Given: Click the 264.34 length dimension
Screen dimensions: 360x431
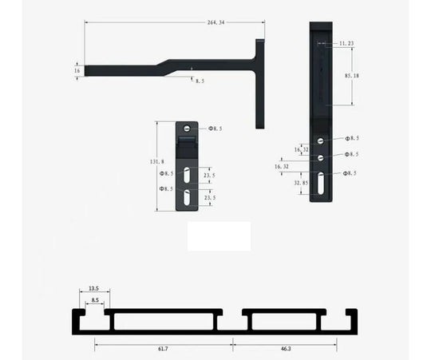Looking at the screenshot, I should point(215,22).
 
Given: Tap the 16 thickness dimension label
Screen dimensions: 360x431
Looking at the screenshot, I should point(77,70).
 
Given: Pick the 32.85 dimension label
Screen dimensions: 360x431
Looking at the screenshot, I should point(301,183).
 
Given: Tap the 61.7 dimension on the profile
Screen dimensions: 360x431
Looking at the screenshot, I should point(162,348).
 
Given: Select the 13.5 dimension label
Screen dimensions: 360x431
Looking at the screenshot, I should point(94,287).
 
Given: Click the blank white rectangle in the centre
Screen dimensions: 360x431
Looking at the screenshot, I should point(219,236).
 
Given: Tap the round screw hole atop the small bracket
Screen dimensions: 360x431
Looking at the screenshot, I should point(187,128).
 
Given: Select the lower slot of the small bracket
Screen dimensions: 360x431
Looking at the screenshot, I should point(186,197).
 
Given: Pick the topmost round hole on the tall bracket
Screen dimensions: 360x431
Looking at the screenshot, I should point(320,140).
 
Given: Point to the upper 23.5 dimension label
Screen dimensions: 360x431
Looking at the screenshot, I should point(209,176).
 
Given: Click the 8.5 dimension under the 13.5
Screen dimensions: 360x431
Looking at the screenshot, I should point(96,300).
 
